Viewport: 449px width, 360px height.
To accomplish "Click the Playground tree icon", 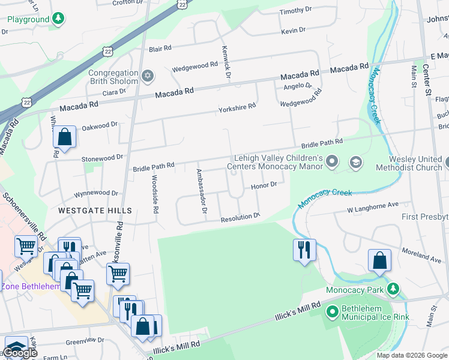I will (x=58, y=19).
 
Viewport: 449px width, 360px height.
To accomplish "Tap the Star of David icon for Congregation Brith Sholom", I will (x=148, y=77).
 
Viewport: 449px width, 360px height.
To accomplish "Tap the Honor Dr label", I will (x=264, y=185).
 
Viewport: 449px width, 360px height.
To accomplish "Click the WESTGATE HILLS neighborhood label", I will (x=95, y=211).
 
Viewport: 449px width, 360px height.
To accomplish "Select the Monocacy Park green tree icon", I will (x=393, y=290).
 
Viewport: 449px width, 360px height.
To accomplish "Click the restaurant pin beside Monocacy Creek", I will (x=304, y=249).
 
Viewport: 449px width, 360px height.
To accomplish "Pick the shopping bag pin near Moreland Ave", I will (x=379, y=260).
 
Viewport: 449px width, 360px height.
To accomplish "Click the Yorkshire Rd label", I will (x=237, y=106).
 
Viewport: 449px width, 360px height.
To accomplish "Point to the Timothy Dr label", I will (x=296, y=10).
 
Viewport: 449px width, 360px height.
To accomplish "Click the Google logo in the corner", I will (x=20, y=353).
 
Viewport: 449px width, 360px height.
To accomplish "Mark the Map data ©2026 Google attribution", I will (x=411, y=355).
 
